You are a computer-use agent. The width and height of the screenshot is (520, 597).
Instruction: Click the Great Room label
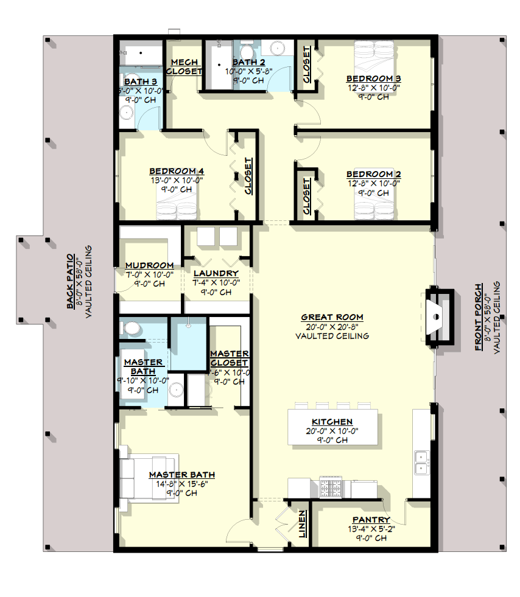(x=332, y=317)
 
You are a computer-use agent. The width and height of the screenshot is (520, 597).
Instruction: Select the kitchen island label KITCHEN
(x=332, y=422)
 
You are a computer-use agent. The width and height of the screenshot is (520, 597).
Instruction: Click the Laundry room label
(x=216, y=273)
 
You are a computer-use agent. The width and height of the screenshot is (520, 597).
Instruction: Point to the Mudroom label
(x=149, y=265)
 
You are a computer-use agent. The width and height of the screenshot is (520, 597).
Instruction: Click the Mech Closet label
(x=184, y=66)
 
